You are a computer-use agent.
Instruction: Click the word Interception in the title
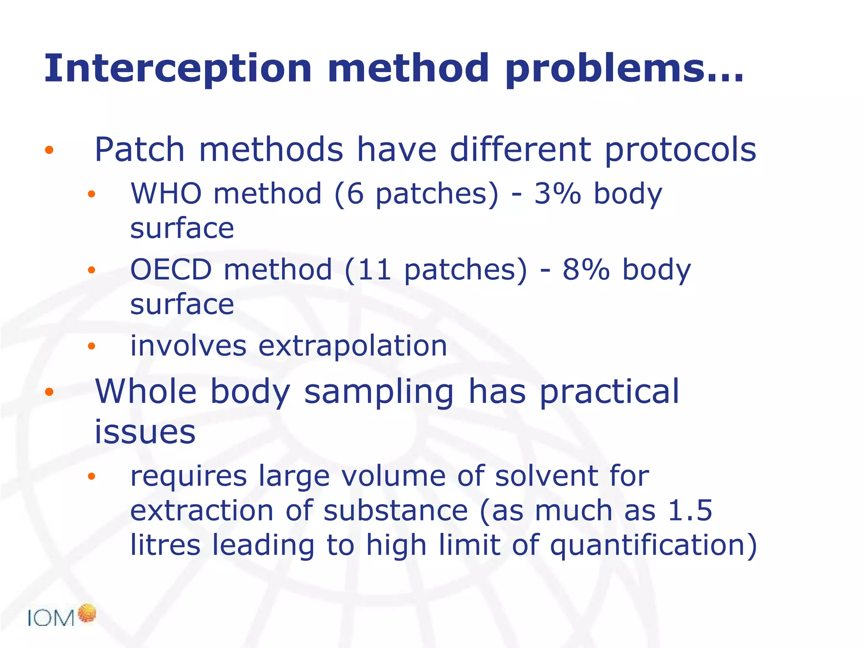point(177,68)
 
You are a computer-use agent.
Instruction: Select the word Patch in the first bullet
point(139,150)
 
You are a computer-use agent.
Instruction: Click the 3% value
point(557,194)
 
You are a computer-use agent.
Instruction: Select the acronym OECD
point(171,270)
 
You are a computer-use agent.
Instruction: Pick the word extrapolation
point(352,346)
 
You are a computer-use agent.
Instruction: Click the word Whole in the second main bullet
point(146,391)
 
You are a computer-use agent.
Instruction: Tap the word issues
point(145,432)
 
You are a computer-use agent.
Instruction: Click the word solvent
point(546,476)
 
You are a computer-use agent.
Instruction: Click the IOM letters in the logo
point(51,618)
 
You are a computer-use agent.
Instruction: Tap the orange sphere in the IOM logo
point(87,613)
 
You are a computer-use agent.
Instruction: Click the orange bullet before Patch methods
point(49,150)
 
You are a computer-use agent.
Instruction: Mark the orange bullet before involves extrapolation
point(92,346)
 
